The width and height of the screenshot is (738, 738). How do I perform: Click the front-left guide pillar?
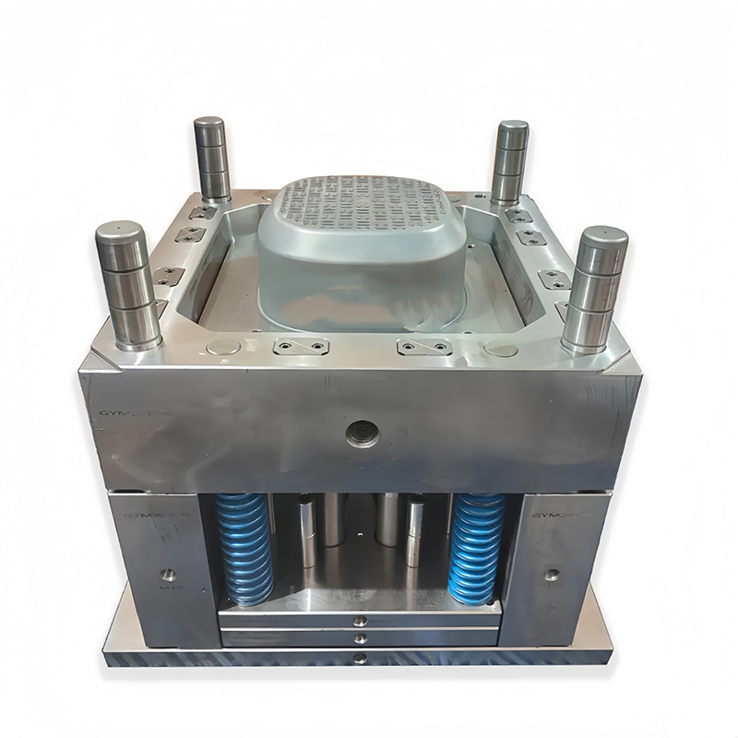[x=128, y=286]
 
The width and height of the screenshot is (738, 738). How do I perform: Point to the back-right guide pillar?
[x=509, y=162]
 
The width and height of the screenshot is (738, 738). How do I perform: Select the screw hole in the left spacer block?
[x=168, y=575]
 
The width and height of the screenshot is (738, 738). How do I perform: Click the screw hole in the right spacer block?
[x=551, y=575]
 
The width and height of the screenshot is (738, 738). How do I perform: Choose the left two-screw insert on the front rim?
[x=301, y=347]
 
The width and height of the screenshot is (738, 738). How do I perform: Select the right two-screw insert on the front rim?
[x=424, y=348]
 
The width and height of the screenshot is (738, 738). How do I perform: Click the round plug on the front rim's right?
[x=501, y=351]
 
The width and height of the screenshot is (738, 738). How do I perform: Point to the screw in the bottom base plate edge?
[x=360, y=658]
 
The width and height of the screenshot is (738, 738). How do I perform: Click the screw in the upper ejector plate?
[x=360, y=620]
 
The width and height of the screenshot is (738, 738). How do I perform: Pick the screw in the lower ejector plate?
[x=360, y=637]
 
